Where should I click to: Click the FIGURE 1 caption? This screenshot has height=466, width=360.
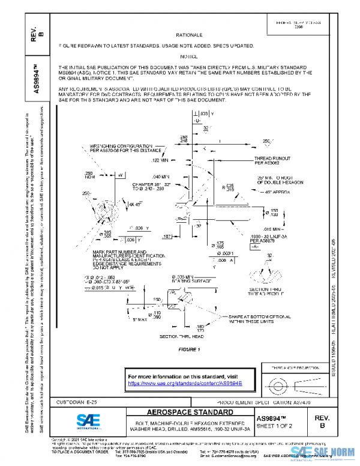pos(188,349)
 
